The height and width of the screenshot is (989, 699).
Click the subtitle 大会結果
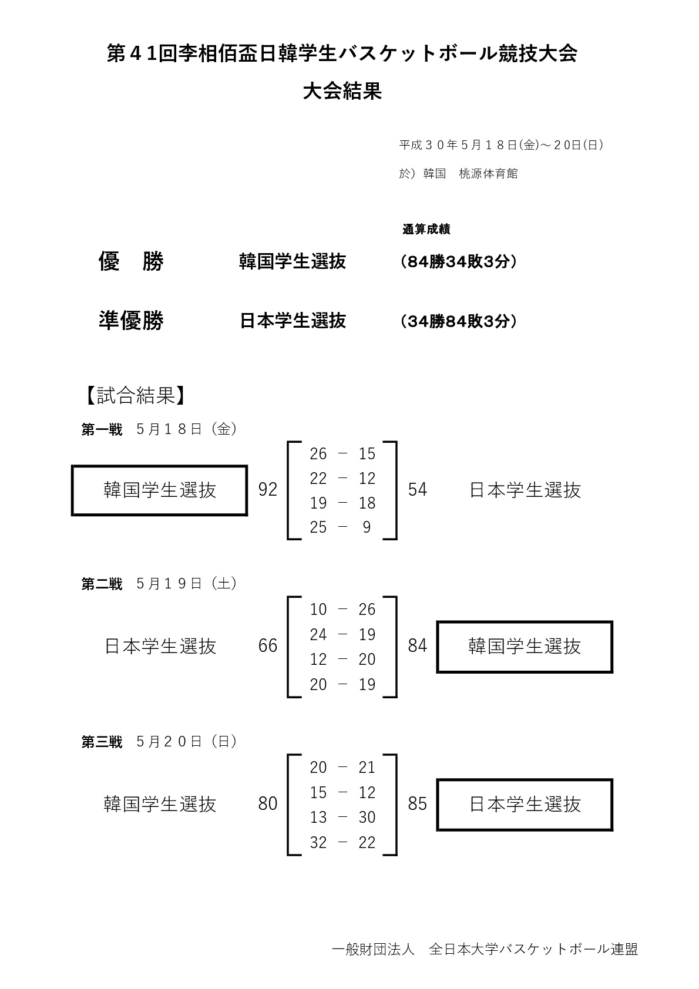click(x=342, y=92)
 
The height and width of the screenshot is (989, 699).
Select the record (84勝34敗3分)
click(x=459, y=262)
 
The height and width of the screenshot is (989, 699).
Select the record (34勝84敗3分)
click(x=459, y=321)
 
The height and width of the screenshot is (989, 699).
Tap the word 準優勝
click(x=131, y=321)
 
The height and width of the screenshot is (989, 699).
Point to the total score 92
click(x=268, y=490)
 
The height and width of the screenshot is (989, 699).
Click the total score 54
click(x=418, y=490)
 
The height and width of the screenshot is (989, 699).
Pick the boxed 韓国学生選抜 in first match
click(x=160, y=490)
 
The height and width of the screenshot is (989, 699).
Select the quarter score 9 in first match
click(x=367, y=527)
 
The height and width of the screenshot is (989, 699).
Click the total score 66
click(x=268, y=646)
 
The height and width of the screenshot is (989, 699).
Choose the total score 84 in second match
click(x=418, y=646)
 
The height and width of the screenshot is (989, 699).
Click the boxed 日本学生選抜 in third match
click(x=525, y=805)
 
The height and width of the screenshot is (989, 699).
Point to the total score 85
click(x=418, y=804)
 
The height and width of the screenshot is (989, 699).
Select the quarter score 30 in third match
click(x=367, y=818)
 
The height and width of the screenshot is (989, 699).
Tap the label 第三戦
click(x=102, y=742)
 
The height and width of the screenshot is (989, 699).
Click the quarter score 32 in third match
click(x=318, y=843)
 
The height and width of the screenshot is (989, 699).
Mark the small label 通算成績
click(x=426, y=230)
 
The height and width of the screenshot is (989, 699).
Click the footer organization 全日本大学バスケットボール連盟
click(x=533, y=949)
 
